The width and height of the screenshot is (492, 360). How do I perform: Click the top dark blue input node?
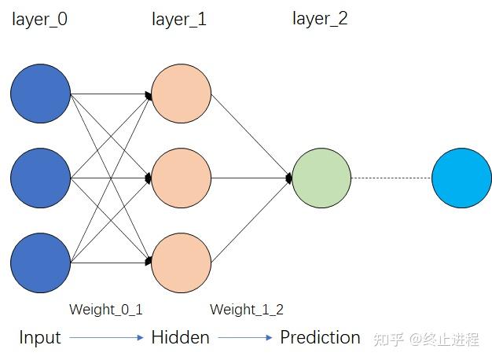[x=41, y=94]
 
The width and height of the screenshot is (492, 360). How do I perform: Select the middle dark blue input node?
[x=41, y=178]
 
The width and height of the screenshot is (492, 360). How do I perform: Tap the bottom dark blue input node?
[x=41, y=263]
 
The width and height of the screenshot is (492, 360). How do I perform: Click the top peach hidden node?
[x=182, y=94]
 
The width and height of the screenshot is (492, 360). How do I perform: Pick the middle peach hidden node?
[x=182, y=178]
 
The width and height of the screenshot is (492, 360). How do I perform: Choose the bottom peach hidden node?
[x=182, y=263]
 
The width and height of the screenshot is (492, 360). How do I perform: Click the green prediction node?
[x=321, y=178]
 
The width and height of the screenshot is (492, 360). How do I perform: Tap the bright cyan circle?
[x=461, y=178]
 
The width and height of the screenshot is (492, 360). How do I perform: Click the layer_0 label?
[x=39, y=19]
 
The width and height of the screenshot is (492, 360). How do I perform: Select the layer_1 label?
[x=179, y=19]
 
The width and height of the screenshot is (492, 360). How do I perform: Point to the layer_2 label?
[x=320, y=19]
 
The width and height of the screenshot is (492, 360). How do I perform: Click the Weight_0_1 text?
[x=106, y=310]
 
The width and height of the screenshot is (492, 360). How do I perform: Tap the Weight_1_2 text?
[x=247, y=310]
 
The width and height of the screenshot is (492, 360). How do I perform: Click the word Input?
[x=40, y=338]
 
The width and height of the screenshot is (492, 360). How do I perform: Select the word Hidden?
[x=181, y=338]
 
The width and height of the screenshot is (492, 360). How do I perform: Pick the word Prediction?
[x=321, y=338]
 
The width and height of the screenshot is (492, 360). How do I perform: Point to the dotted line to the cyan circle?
[x=391, y=178]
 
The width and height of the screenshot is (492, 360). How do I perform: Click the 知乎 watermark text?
[x=389, y=340]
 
